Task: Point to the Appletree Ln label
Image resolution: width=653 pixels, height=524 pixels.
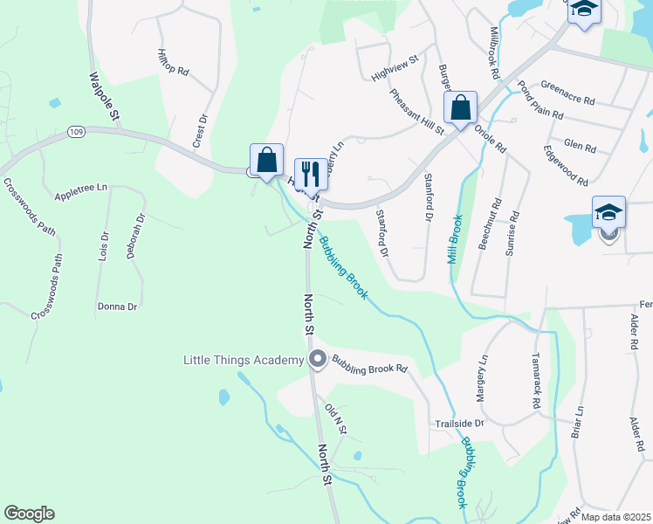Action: point(80,188)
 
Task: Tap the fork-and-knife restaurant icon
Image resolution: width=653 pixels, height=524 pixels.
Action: point(310,171)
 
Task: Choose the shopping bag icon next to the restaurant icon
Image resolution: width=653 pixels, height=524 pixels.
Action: point(266,159)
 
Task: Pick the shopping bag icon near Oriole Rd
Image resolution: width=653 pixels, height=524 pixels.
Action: point(460,107)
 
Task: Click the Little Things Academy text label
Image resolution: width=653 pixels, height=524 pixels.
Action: point(242,360)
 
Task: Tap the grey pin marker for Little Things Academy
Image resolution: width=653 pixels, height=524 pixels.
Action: point(317,359)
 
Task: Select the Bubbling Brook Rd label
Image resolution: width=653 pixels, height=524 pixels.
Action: point(369,368)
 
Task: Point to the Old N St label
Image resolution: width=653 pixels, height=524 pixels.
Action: point(335,419)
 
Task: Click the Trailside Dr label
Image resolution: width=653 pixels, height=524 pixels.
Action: point(459,423)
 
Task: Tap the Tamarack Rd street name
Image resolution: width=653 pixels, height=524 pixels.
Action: point(536,382)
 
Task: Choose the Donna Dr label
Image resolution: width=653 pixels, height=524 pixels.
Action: point(117,307)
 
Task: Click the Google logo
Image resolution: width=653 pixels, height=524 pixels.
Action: point(29,514)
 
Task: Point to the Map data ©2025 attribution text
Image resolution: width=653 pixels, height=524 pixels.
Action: point(615,517)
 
